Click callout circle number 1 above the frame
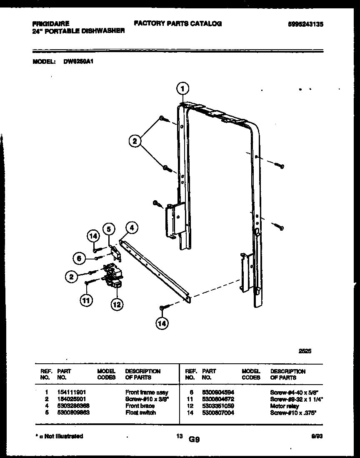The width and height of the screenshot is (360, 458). [x=182, y=88]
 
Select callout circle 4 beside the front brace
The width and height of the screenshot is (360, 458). [x=132, y=228]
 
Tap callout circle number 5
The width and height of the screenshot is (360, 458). [x=109, y=229]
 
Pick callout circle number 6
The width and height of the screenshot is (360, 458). [x=77, y=259]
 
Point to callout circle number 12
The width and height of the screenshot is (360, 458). [x=116, y=305]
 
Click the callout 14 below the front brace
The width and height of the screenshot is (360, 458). [x=161, y=323]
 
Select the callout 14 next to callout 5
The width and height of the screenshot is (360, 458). [x=94, y=237]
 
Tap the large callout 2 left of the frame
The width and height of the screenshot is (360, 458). [x=134, y=142]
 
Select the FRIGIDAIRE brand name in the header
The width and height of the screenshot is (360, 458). [x=50, y=24]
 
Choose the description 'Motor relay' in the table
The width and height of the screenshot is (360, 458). [x=285, y=406]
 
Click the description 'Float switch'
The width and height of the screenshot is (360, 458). [x=140, y=412]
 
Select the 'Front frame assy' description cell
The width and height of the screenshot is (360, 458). [x=147, y=393]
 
